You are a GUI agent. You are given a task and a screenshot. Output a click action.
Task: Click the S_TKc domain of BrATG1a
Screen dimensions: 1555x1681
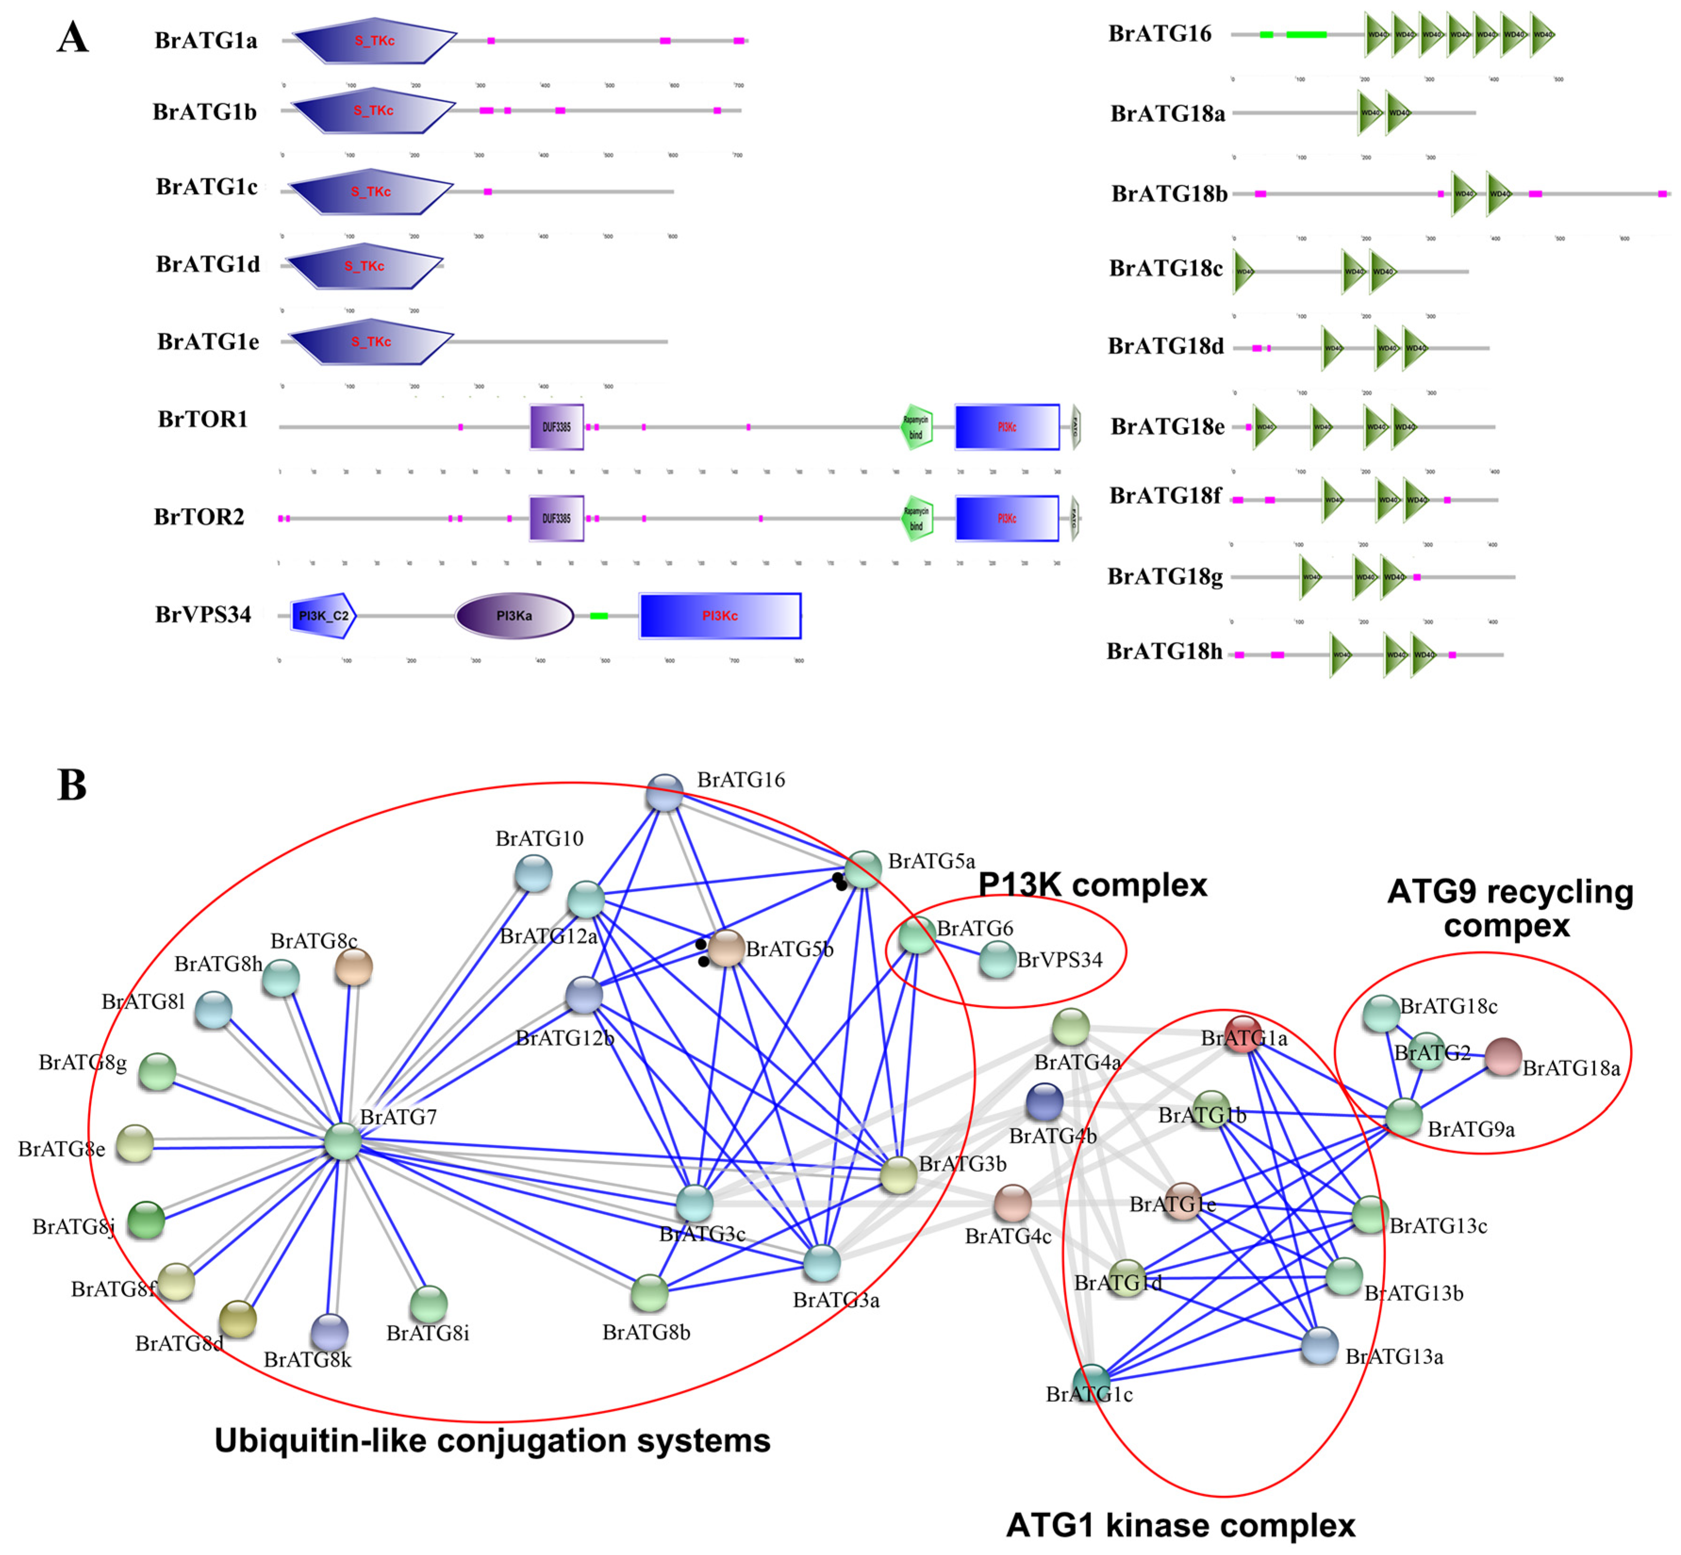point(374,41)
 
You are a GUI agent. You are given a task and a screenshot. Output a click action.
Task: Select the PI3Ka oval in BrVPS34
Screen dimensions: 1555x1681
point(514,616)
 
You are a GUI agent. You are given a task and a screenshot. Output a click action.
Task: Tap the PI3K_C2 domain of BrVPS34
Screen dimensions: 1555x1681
point(323,616)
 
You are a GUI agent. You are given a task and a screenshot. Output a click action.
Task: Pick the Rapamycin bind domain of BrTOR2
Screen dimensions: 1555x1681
point(916,519)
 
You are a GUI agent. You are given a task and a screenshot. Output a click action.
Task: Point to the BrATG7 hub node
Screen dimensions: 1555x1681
point(342,1142)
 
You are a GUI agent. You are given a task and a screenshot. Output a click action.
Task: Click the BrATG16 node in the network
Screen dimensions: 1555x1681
point(665,793)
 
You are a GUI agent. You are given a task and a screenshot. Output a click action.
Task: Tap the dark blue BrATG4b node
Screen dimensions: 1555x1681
point(1044,1102)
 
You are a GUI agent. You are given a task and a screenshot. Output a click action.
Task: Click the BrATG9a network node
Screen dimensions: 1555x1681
point(1403,1118)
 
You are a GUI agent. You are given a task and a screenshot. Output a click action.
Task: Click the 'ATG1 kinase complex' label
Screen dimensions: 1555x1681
point(1180,1525)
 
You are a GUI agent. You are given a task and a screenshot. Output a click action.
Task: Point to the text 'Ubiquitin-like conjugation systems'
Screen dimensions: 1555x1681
point(492,1440)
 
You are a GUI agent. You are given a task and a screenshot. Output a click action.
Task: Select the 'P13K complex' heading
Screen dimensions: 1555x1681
point(1092,885)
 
